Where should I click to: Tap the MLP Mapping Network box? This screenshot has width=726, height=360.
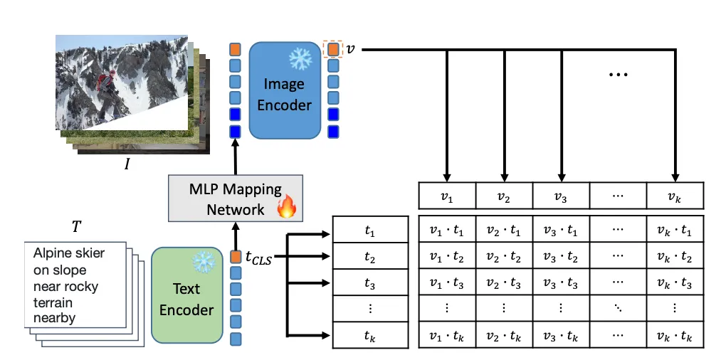point(236,198)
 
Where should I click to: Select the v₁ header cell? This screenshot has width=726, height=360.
point(447,194)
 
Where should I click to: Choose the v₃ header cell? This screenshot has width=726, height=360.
point(561,194)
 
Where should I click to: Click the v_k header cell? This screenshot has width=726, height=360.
point(675,194)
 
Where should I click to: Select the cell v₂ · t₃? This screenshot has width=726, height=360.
point(504,282)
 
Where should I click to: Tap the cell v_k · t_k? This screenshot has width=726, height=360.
point(675,335)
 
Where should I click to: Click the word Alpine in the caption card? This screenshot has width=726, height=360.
point(53,253)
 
